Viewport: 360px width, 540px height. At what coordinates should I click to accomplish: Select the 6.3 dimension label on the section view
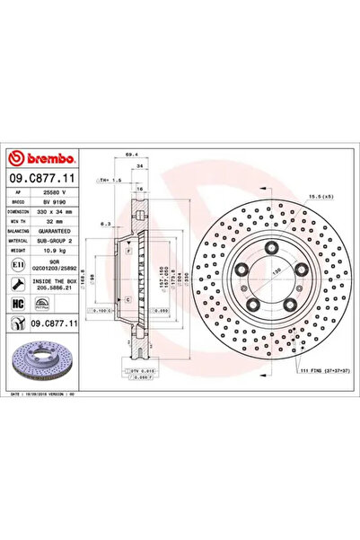click(x=106, y=224)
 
